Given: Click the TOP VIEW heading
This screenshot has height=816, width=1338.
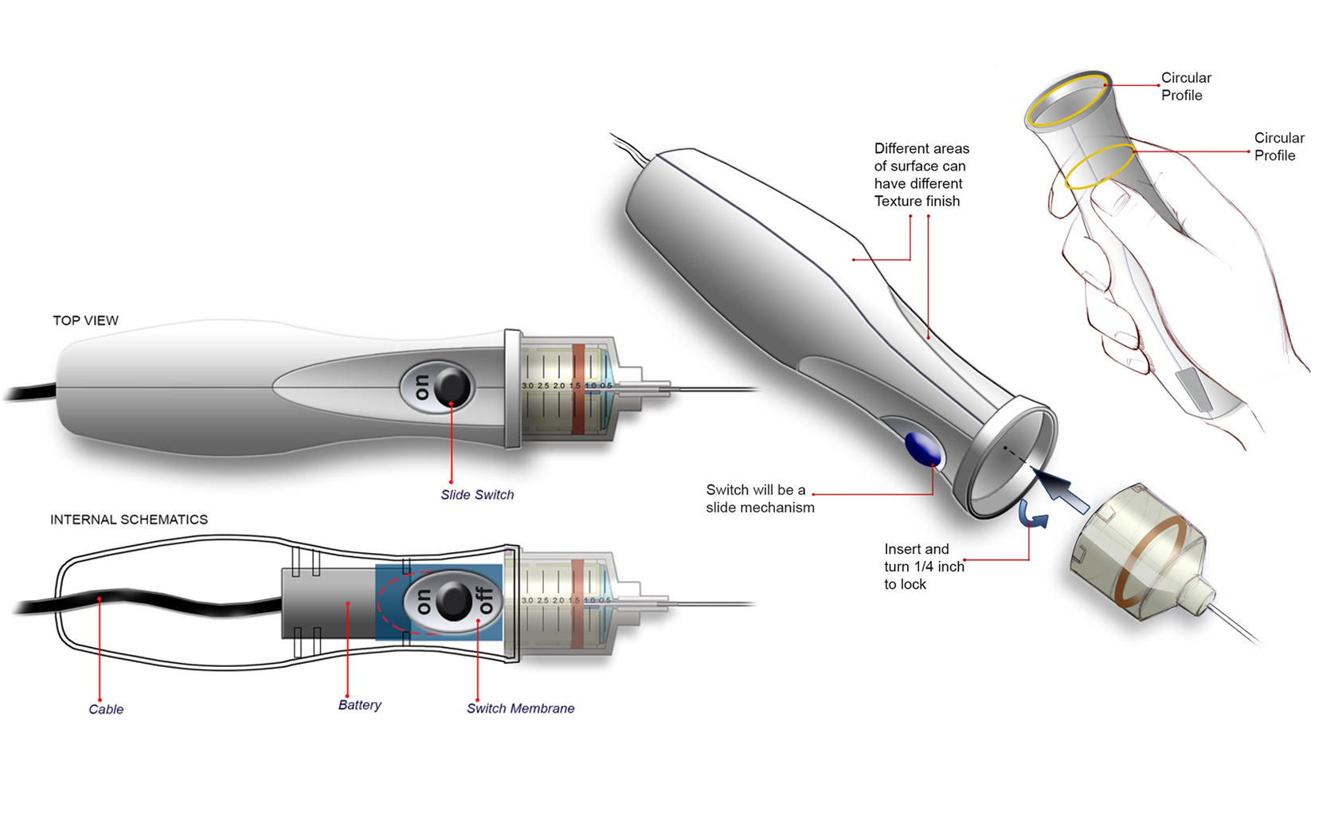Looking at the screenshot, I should click(x=85, y=320).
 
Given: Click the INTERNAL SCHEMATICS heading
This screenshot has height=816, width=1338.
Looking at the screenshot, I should click(x=129, y=520).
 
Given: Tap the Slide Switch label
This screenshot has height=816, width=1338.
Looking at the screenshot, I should click(x=477, y=495).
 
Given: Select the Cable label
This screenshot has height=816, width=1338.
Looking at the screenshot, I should click(x=106, y=709).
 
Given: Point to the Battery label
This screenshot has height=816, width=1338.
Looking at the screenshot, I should click(x=359, y=705).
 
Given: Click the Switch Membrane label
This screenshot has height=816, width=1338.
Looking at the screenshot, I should click(x=520, y=708).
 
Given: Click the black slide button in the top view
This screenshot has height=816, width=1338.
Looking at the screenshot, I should click(x=452, y=386).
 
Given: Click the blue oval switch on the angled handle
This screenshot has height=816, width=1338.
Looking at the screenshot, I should click(x=923, y=449).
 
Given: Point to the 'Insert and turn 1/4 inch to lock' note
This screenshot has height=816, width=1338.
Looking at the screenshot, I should click(x=923, y=567).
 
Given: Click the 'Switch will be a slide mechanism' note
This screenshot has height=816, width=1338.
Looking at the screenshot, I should click(x=760, y=499).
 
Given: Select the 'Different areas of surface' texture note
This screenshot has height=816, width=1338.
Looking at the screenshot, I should click(x=921, y=175).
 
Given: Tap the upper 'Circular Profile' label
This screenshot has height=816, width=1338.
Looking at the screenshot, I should click(x=1185, y=86).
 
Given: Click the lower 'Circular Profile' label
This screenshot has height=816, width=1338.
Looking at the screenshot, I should click(x=1278, y=147).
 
